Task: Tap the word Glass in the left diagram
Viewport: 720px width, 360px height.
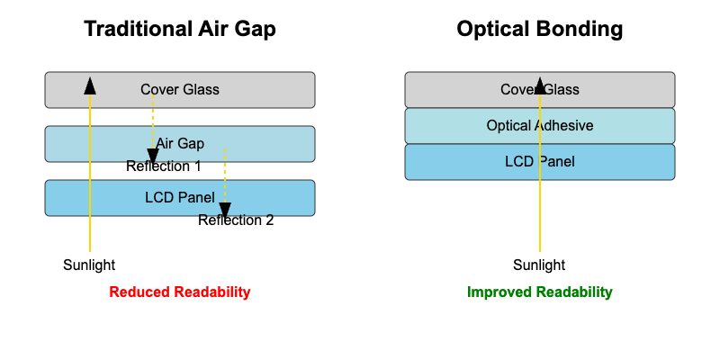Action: [x=201, y=89]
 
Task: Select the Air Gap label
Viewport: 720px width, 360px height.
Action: [x=180, y=143]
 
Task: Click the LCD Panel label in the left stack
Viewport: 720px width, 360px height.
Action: [x=180, y=197]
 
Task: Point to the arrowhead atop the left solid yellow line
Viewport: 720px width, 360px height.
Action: [x=90, y=85]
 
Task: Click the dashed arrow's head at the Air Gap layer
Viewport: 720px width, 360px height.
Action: [x=153, y=156]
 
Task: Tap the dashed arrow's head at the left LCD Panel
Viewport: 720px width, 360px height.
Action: [x=225, y=210]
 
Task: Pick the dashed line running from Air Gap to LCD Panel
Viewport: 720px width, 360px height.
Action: [x=225, y=175]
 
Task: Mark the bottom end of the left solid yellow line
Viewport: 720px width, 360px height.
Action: [x=90, y=250]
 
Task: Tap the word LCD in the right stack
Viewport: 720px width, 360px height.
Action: [x=519, y=161]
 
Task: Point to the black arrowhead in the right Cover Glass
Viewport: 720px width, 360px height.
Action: [x=540, y=85]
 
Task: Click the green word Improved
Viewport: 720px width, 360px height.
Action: [x=499, y=292]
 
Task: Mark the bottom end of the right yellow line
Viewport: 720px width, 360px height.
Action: [x=540, y=250]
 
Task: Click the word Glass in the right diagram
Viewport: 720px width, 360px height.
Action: [x=562, y=89]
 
